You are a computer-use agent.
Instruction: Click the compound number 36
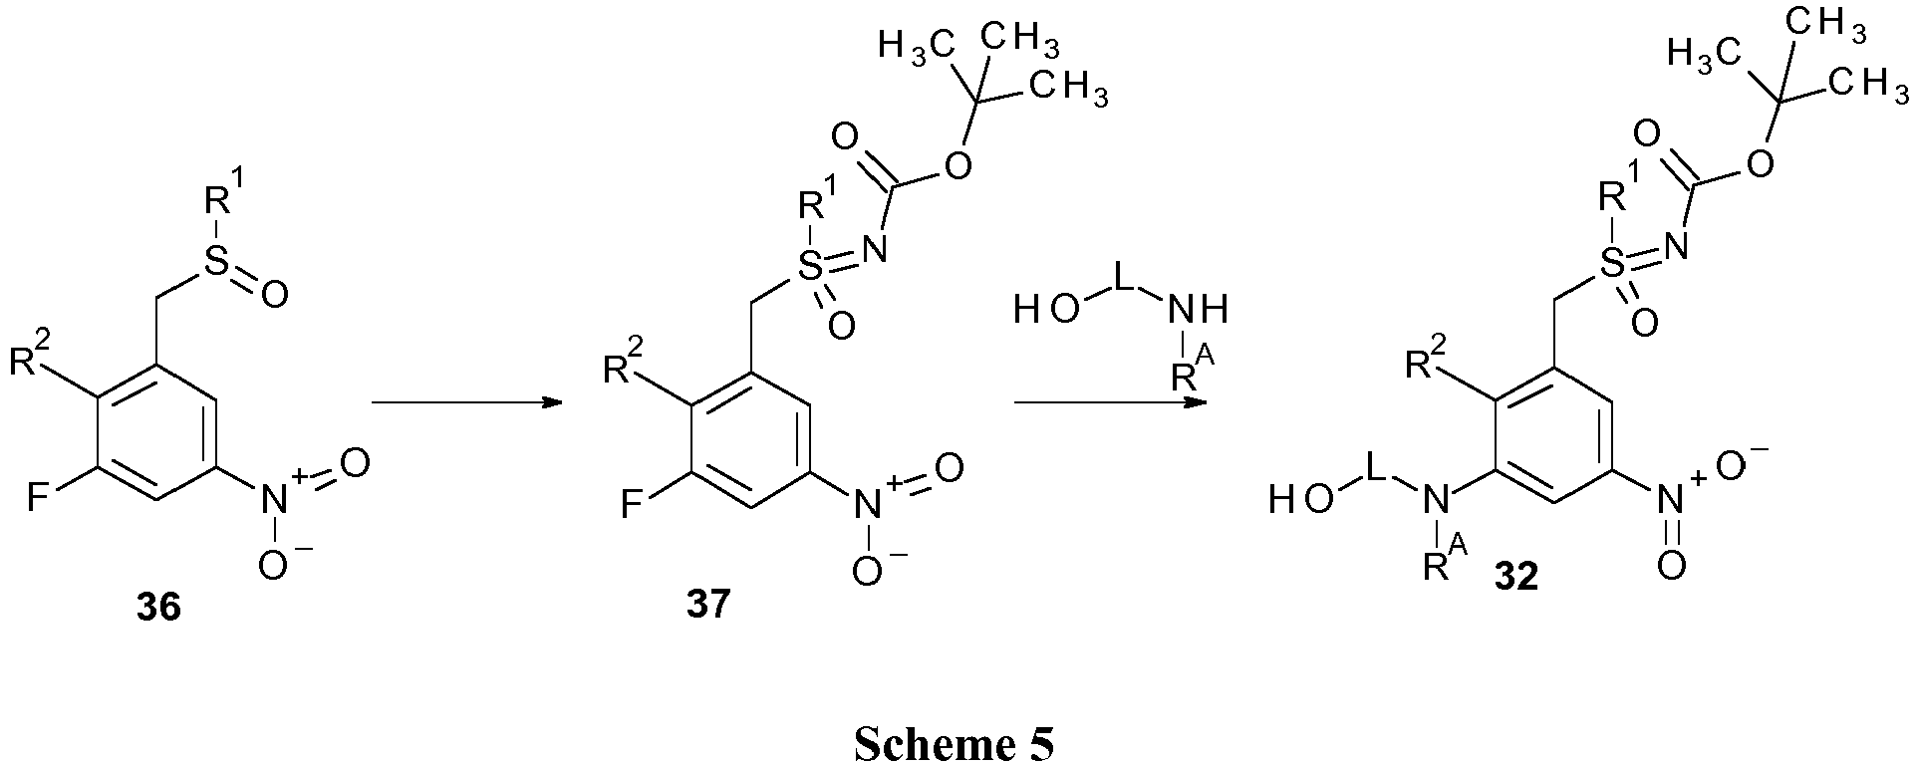click(x=159, y=608)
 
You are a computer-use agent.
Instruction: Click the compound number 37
click(x=707, y=604)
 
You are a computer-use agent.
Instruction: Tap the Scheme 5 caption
click(x=954, y=744)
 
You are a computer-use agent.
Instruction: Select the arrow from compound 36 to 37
click(x=461, y=402)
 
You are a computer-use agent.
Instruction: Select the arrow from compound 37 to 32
click(x=1109, y=402)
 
